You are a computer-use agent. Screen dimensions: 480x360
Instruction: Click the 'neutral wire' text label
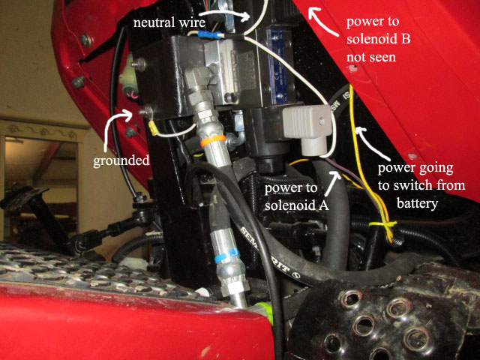coord(169,22)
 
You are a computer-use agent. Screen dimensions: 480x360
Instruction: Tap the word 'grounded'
coord(121,160)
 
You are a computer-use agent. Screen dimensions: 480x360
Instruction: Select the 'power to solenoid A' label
coord(297,196)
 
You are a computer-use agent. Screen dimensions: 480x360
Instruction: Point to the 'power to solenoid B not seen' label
coord(378,39)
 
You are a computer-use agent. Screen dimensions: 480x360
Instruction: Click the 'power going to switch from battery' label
coord(421,185)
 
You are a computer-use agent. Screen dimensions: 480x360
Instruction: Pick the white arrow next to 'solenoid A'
coord(331,183)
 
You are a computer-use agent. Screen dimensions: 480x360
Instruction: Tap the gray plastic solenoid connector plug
coord(306,128)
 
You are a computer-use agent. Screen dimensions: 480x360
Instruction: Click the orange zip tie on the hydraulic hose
coord(213,141)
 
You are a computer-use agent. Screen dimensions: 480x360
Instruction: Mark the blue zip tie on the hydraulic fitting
coord(226,256)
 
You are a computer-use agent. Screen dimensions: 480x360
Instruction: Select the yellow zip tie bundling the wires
coord(383,224)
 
